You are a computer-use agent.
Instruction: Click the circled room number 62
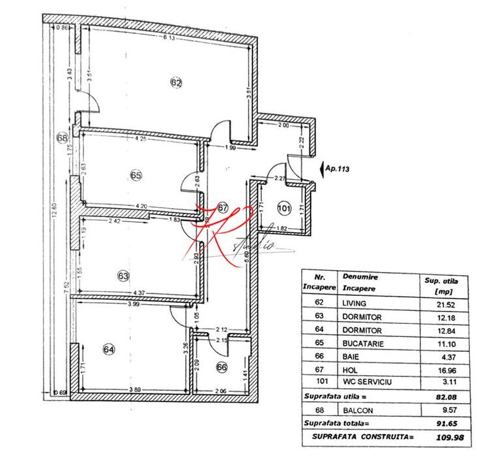(x=175, y=83)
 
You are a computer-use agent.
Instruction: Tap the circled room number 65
(x=135, y=175)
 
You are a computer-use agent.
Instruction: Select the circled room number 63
(x=123, y=276)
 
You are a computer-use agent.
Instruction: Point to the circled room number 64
(x=125, y=350)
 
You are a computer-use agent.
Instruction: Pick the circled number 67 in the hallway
(x=222, y=208)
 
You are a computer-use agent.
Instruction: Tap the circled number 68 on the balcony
(x=61, y=138)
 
